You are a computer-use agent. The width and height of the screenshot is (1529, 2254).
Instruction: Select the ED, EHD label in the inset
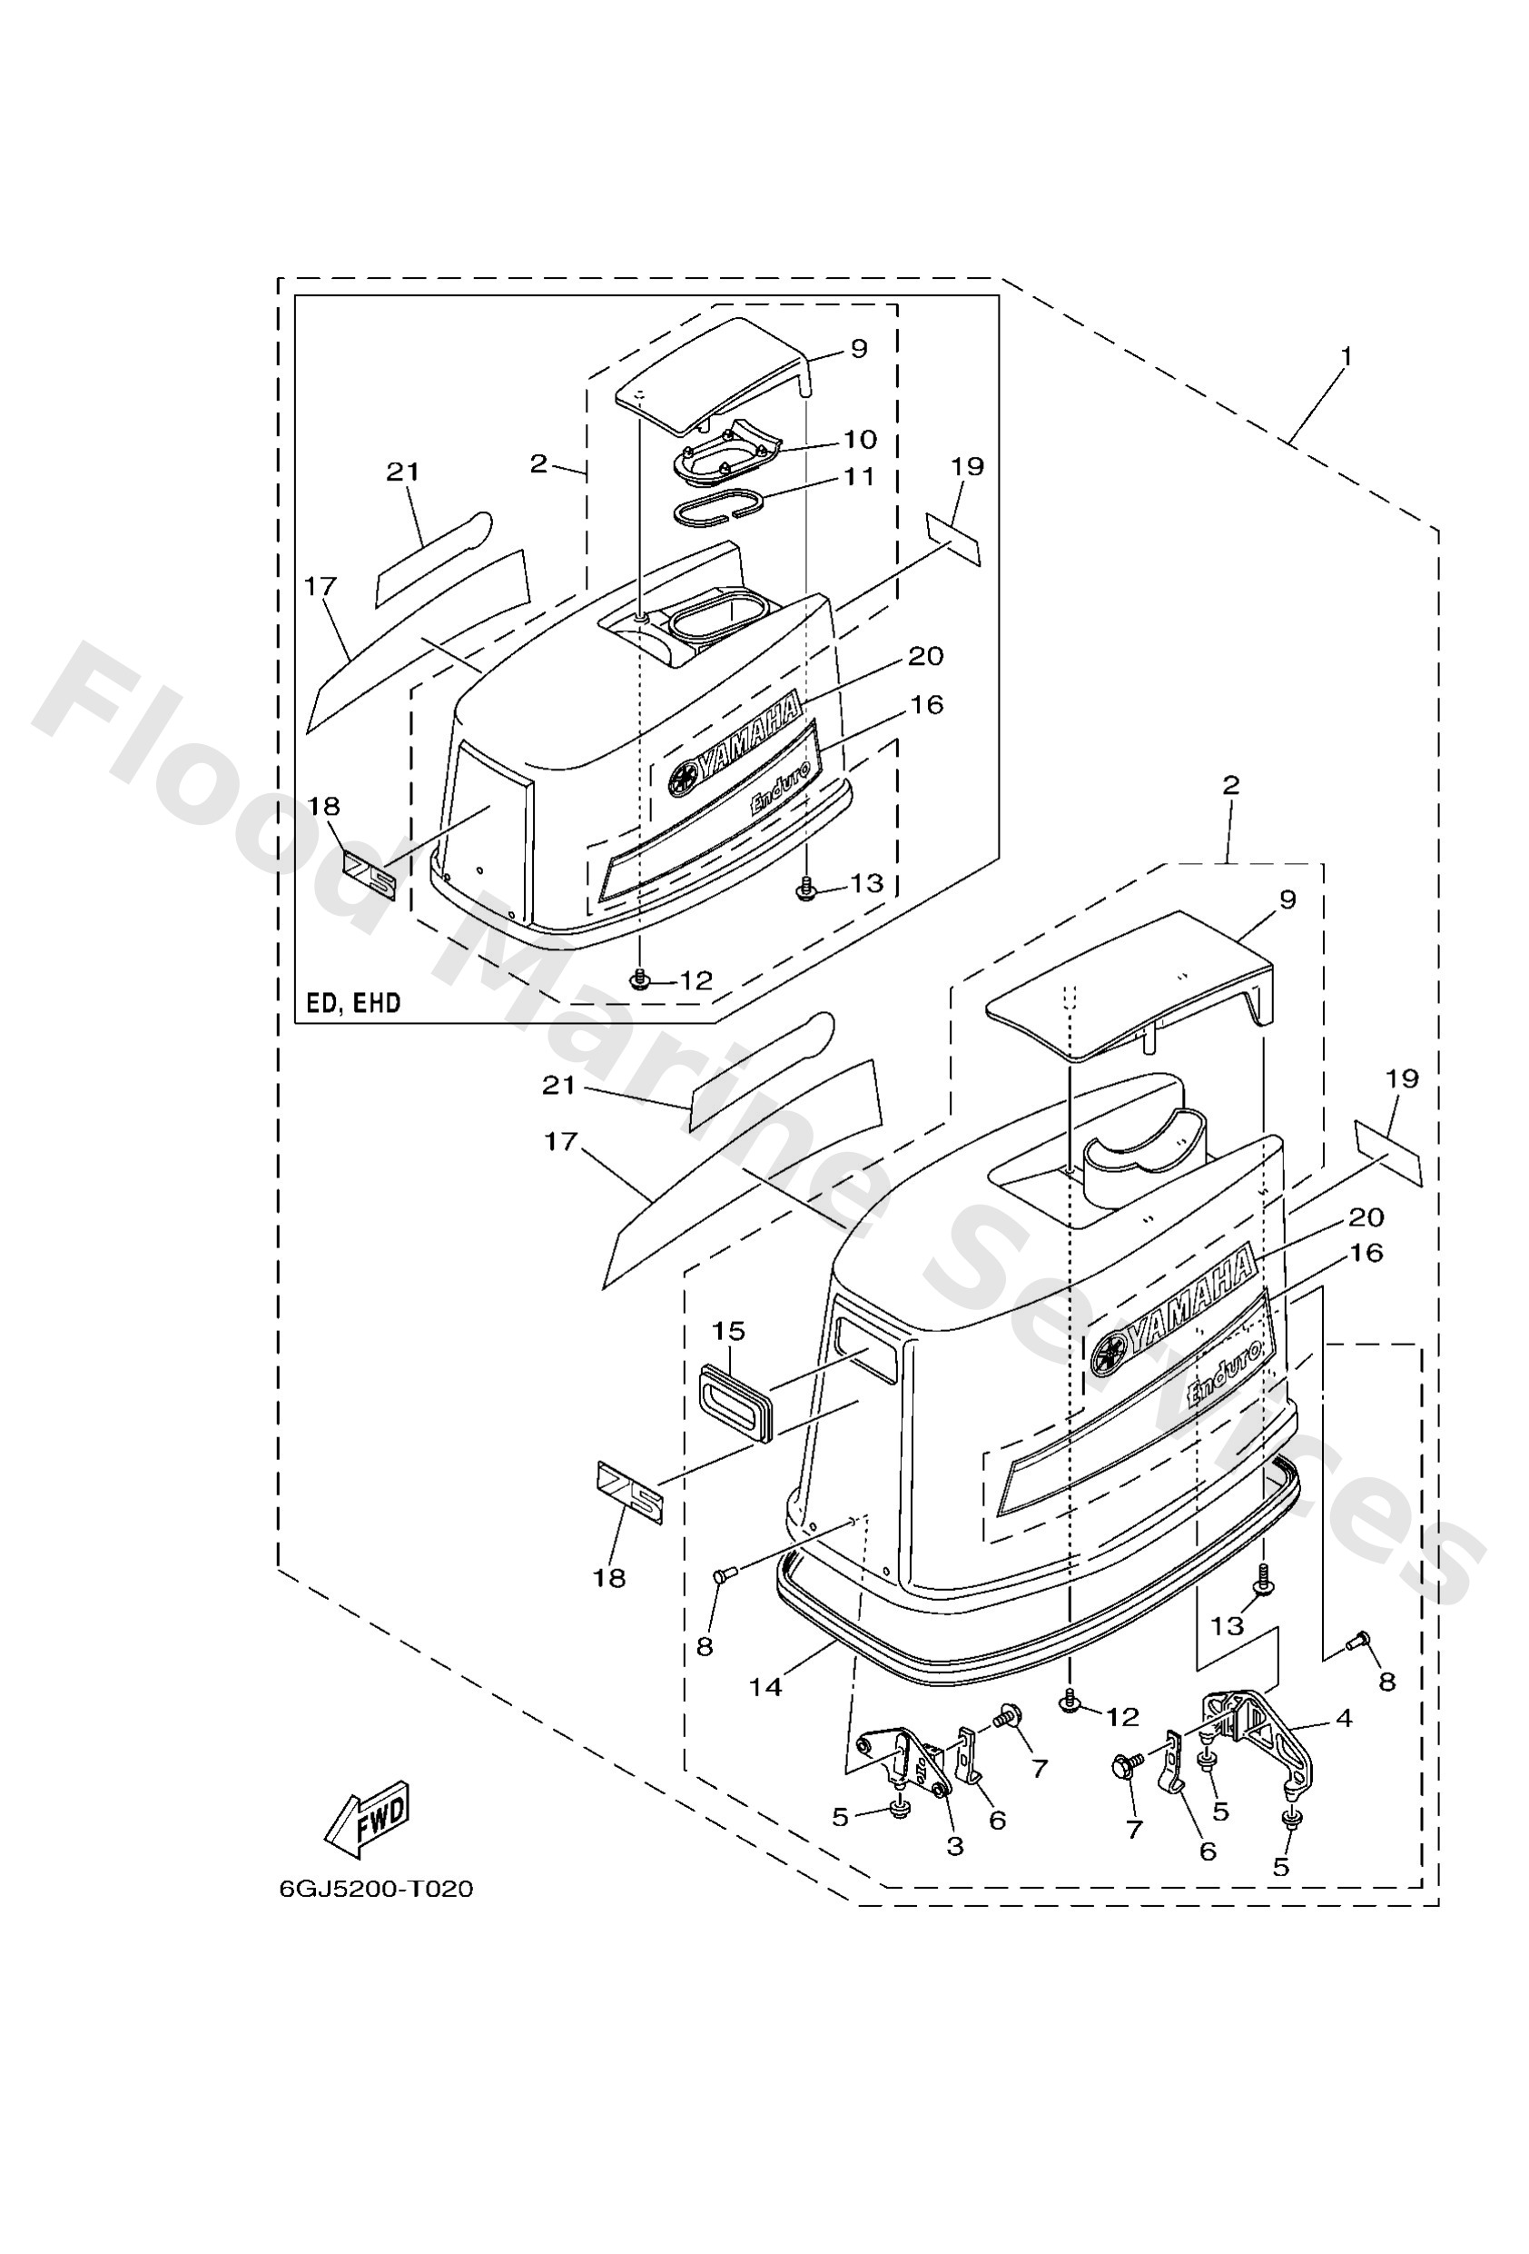click(x=354, y=1003)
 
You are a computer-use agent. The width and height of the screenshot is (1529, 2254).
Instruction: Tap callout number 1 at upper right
click(x=1345, y=356)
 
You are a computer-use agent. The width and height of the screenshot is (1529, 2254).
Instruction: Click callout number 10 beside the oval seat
click(x=859, y=440)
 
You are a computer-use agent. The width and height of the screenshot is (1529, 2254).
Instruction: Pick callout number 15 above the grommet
click(x=729, y=1331)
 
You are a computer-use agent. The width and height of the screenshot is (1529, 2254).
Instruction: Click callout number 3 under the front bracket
click(x=955, y=1847)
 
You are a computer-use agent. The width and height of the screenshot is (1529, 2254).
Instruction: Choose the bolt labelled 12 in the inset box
click(x=638, y=979)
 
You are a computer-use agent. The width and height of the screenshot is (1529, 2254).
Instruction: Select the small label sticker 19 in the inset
click(x=953, y=538)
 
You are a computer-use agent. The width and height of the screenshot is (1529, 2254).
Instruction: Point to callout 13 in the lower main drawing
click(x=1227, y=1624)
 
